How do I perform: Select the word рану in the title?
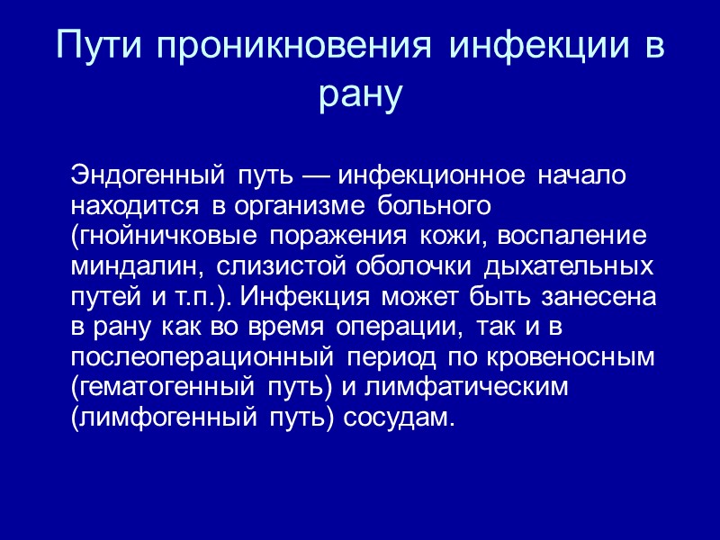(360, 96)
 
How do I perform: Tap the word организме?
(289, 204)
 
